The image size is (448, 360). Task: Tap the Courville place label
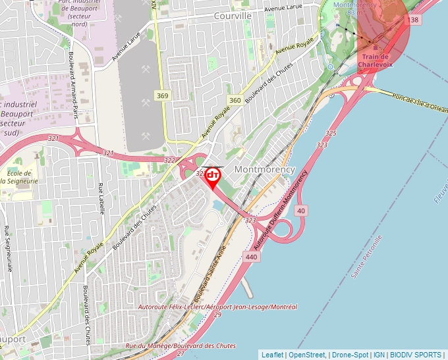click(233, 15)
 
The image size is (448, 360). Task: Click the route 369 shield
click(163, 96)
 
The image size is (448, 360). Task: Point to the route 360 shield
click(235, 100)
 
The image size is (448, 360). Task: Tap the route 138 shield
click(414, 20)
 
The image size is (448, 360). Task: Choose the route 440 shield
click(250, 257)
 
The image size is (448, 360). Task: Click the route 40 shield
click(301, 211)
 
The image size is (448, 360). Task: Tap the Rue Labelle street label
click(101, 200)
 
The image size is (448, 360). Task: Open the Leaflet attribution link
click(272, 355)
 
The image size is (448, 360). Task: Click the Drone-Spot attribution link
click(350, 355)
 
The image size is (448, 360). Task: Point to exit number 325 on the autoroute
click(331, 134)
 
